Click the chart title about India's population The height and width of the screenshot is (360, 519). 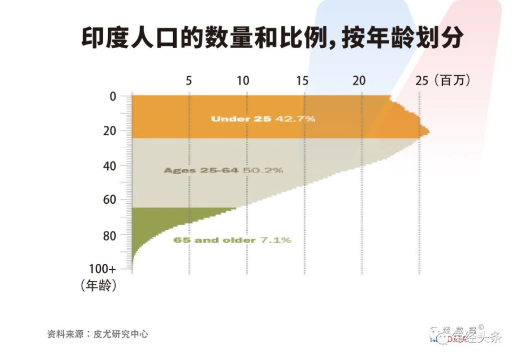[272, 39]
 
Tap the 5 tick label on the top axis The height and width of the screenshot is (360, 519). [189, 81]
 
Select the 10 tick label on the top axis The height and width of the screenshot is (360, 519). [243, 81]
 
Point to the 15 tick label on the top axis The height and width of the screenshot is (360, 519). [303, 81]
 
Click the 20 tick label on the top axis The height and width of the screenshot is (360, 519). [359, 81]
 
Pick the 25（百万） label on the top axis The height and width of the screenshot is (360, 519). [443, 81]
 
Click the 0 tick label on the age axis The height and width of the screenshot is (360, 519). [113, 97]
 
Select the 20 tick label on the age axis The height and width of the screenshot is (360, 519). [110, 131]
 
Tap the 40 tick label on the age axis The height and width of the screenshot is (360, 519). [110, 165]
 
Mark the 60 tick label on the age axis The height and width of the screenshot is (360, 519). [110, 201]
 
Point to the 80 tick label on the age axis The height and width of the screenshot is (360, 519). [110, 236]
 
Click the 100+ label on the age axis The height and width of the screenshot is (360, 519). [102, 269]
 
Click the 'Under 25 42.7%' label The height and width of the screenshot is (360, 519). [263, 118]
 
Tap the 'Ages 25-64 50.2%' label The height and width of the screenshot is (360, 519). [223, 170]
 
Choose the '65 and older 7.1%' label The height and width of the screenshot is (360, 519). [232, 239]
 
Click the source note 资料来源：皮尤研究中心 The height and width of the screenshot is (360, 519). [98, 334]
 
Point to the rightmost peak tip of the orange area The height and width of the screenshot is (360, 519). [429, 131]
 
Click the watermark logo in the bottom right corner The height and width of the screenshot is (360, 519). [465, 336]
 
